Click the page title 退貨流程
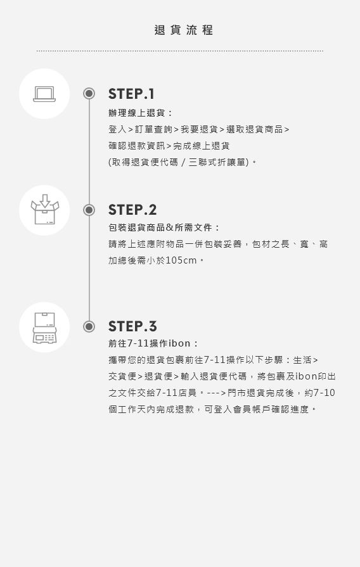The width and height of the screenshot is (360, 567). (183, 30)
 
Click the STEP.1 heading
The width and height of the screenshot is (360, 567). (131, 94)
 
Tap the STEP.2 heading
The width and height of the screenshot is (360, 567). (132, 210)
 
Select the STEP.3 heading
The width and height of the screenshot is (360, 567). (132, 326)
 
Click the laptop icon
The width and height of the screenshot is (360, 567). (44, 94)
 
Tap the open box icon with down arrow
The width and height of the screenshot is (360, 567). (44, 210)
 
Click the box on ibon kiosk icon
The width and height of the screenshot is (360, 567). (44, 328)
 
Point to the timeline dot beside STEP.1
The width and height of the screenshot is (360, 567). (89, 94)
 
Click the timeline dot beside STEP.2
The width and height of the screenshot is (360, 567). (89, 210)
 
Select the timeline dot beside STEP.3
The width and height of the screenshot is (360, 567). (89, 326)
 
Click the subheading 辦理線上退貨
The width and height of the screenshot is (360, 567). (137, 113)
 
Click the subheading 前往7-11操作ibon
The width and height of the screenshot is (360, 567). (150, 343)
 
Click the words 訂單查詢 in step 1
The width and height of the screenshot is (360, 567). (153, 129)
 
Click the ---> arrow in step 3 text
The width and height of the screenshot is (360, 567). (216, 393)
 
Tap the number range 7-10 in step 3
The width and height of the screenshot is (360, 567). (324, 393)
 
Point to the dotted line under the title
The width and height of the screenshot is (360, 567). (180, 51)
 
